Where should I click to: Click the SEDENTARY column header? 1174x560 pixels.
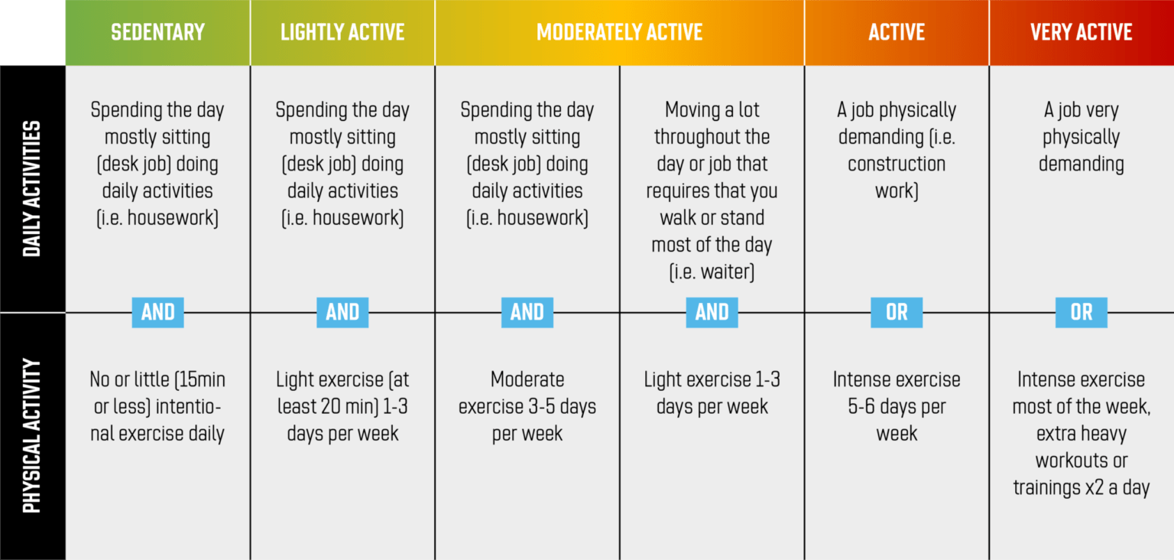[x=157, y=32]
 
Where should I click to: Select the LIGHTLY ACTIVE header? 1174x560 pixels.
[x=342, y=32]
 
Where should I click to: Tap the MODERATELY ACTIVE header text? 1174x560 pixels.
[x=620, y=32]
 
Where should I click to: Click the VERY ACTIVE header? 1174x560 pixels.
[x=1082, y=32]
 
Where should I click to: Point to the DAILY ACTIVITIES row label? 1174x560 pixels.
[x=31, y=189]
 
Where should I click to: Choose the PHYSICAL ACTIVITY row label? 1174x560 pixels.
[x=31, y=436]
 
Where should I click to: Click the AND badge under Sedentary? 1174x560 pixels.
[x=157, y=312]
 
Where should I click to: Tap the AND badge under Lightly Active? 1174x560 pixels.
[x=342, y=312]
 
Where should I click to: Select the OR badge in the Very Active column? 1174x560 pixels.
[x=1082, y=312]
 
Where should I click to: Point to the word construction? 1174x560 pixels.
[x=897, y=164]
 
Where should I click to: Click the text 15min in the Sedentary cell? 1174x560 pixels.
[x=199, y=379]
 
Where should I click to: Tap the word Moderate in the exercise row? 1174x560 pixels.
[x=528, y=379]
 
